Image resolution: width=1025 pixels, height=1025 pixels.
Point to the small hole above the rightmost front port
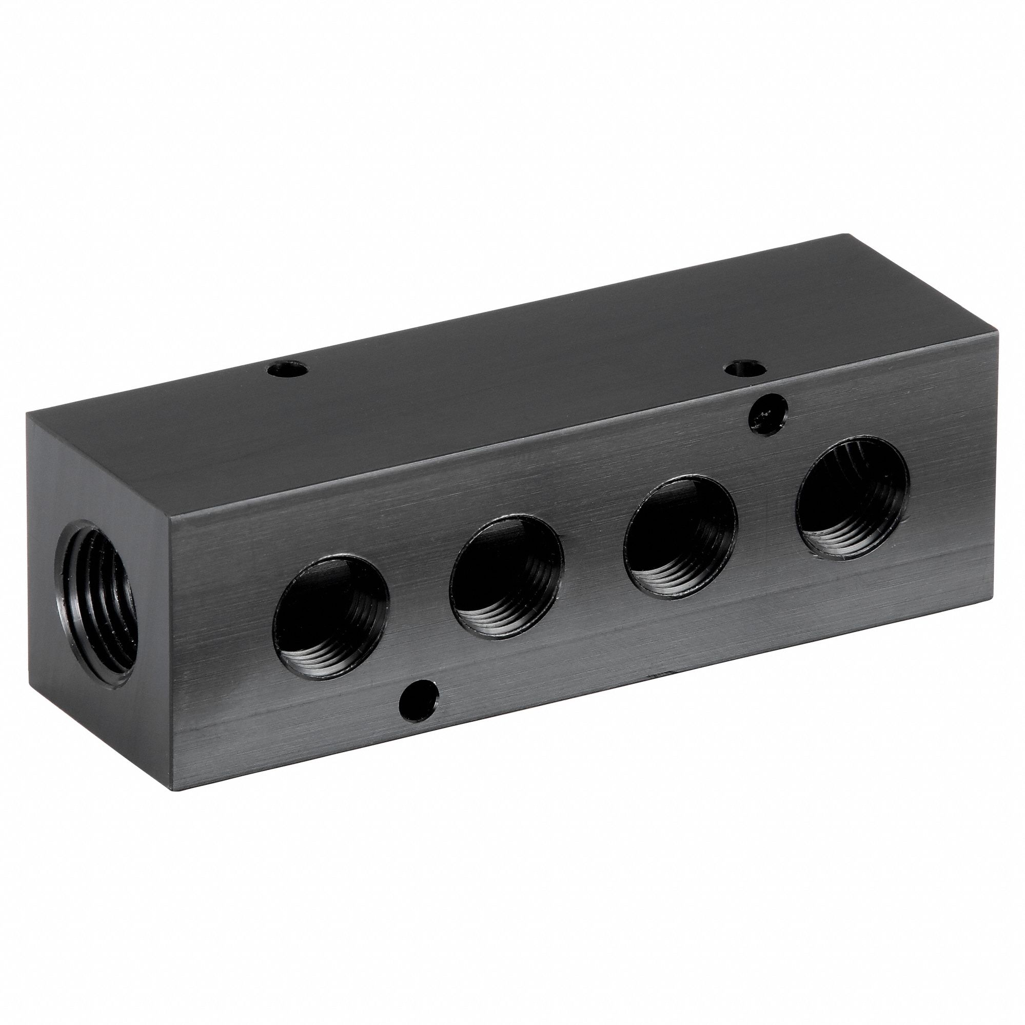767,408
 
